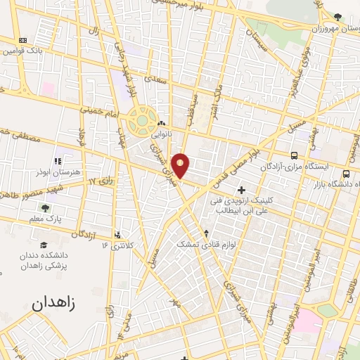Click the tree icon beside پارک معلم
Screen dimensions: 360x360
click(46, 208)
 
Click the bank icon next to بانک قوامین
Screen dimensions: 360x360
click(23, 40)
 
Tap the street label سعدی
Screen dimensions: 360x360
click(155, 82)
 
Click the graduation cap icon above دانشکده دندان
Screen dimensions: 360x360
click(44, 245)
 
